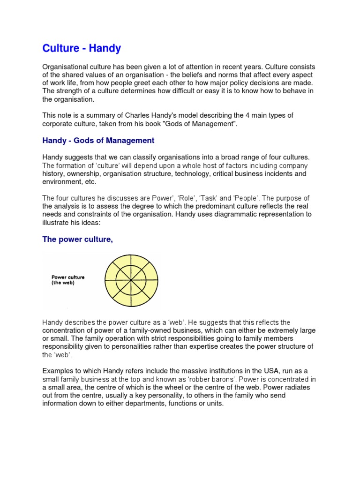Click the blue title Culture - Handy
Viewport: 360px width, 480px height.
tap(82, 48)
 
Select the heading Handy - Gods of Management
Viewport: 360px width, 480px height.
tap(98, 140)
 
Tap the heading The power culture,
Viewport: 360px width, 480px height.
tap(78, 240)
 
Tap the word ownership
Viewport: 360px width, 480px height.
tap(83, 173)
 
